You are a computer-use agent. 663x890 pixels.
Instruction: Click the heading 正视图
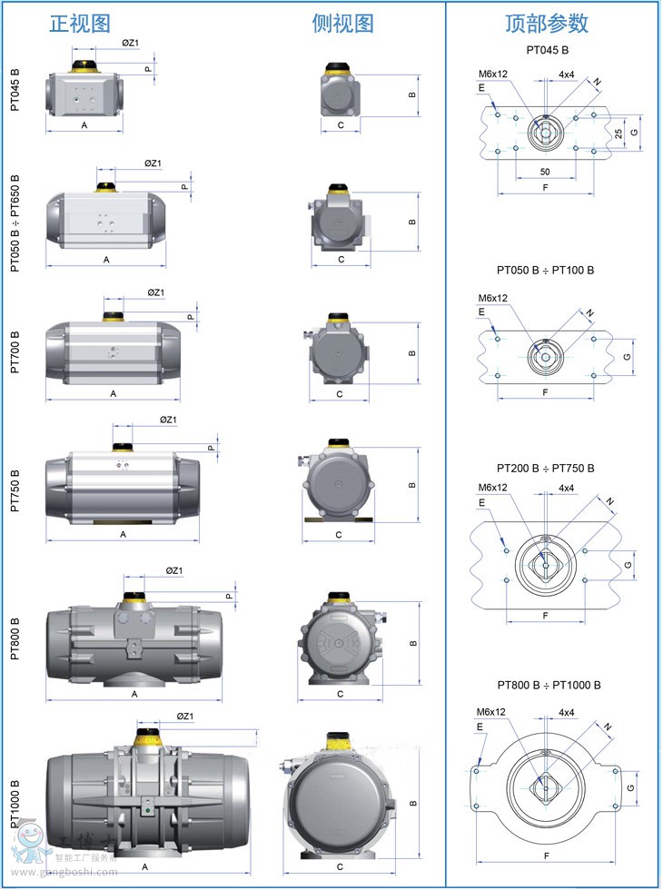(x=81, y=23)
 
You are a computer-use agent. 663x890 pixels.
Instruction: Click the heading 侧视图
(x=342, y=23)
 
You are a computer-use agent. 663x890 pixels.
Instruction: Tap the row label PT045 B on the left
(x=15, y=89)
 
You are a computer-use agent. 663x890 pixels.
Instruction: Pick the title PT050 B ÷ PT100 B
(x=545, y=271)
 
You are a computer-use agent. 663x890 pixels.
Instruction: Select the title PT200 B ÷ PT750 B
(x=545, y=469)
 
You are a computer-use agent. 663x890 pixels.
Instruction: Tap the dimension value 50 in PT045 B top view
(x=545, y=171)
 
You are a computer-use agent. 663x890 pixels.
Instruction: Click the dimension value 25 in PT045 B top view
(x=618, y=133)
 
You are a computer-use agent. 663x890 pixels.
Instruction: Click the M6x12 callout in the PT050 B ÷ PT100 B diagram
(x=492, y=298)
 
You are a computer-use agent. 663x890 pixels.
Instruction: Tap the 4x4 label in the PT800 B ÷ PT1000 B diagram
(x=567, y=712)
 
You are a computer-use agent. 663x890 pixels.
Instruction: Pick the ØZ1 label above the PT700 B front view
(x=155, y=292)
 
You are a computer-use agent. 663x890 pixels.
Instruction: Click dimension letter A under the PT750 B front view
(x=123, y=534)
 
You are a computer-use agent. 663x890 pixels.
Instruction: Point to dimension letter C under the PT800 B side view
(x=340, y=694)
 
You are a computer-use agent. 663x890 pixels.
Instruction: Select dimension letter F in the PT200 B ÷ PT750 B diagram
(x=545, y=615)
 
